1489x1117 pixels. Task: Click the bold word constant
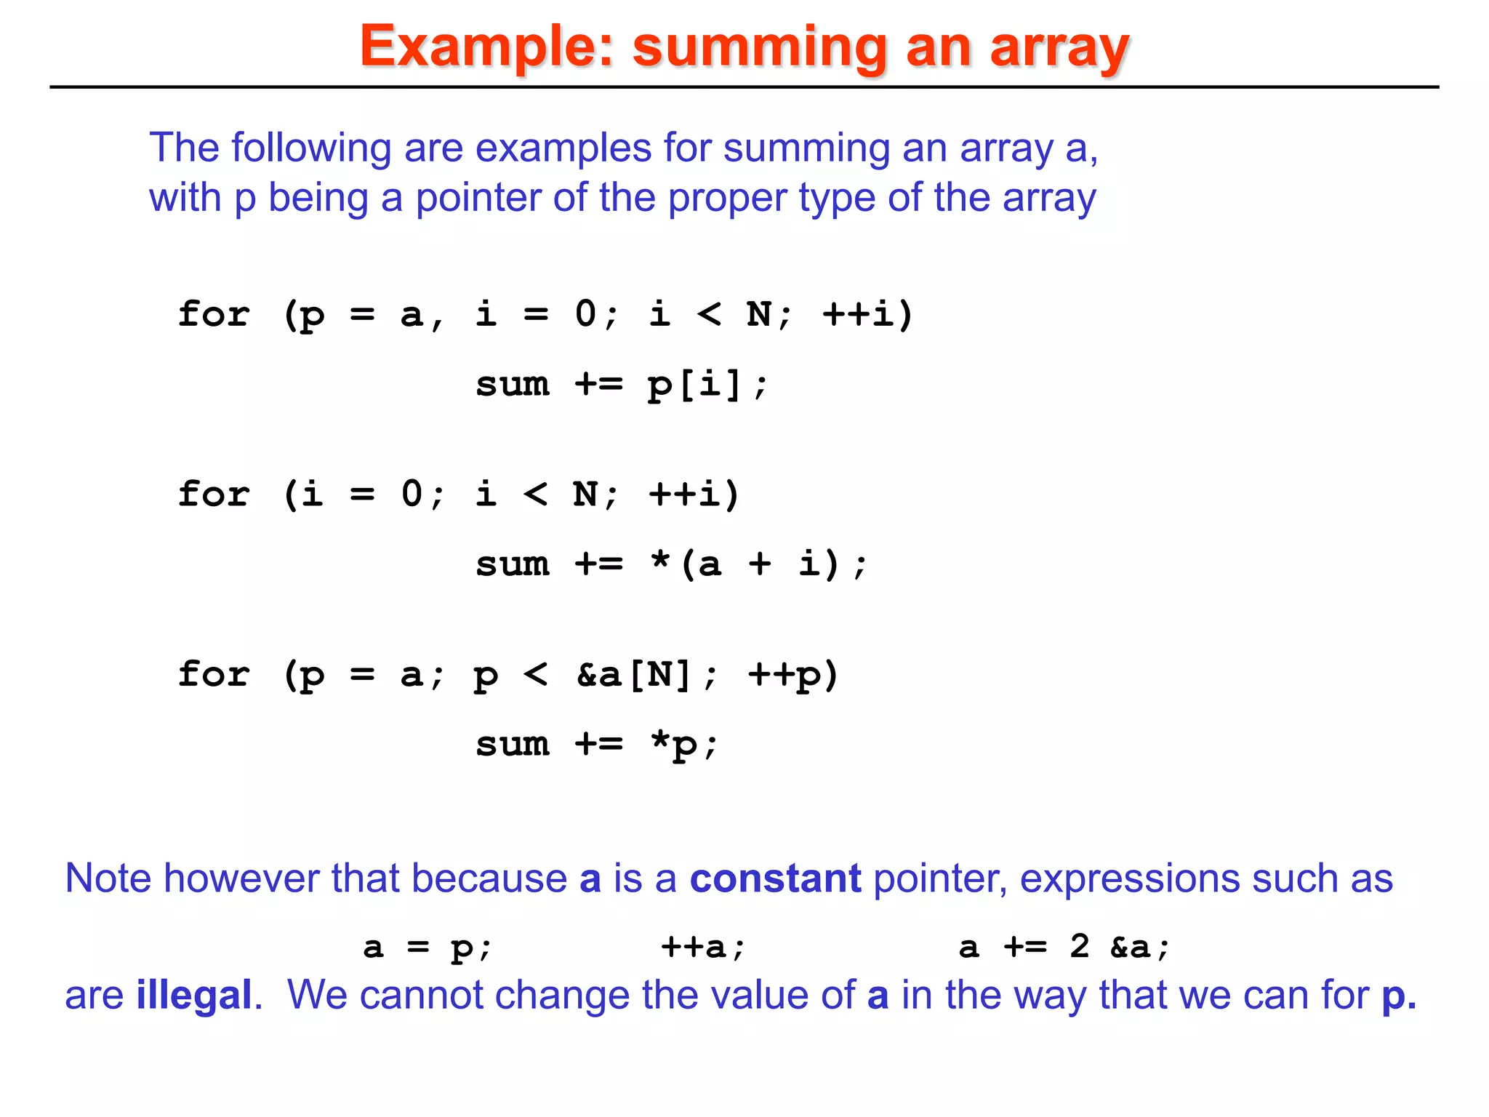[775, 878]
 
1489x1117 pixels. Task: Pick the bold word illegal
[193, 995]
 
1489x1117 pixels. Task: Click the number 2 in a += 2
[1080, 946]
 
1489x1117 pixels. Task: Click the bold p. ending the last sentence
[1398, 996]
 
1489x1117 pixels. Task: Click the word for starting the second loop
[214, 495]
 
